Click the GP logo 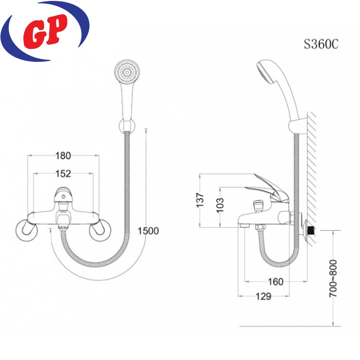[45, 31]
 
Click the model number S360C [321, 44]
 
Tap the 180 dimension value [63, 156]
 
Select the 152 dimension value [63, 174]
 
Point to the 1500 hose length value [148, 231]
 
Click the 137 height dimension [200, 200]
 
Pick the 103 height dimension [220, 205]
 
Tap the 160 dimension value [275, 282]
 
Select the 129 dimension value [264, 296]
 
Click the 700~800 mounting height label [333, 278]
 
